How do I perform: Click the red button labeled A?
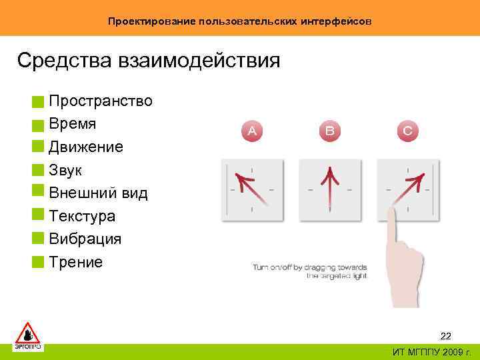(252, 131)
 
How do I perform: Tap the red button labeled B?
(330, 131)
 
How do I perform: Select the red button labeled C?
(407, 131)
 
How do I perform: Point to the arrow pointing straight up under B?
(329, 186)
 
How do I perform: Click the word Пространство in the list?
(100, 101)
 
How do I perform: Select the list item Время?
(72, 124)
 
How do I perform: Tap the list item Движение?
(85, 147)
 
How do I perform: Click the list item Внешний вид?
(98, 193)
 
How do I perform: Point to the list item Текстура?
(81, 217)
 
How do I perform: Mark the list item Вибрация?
(85, 239)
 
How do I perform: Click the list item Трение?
(75, 262)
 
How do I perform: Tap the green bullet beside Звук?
(37, 170)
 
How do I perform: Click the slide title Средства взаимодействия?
(149, 61)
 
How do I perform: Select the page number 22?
(445, 336)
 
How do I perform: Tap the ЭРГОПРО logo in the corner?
(28, 337)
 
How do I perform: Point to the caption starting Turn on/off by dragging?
(309, 271)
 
